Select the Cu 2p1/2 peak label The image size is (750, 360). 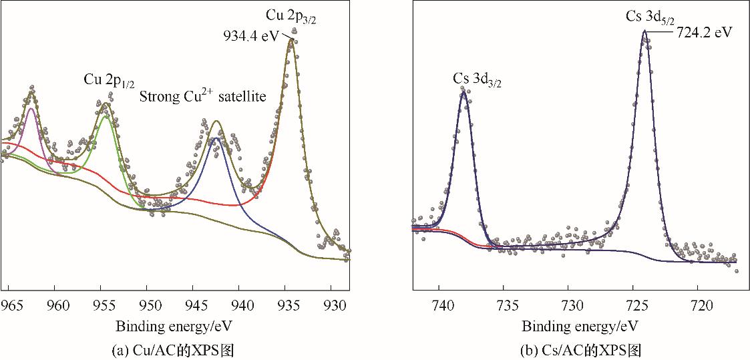pos(109,80)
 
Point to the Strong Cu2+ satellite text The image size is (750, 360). pos(202,96)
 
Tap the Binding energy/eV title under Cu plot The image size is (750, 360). pos(176,327)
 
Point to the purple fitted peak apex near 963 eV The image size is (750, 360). pos(31,108)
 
